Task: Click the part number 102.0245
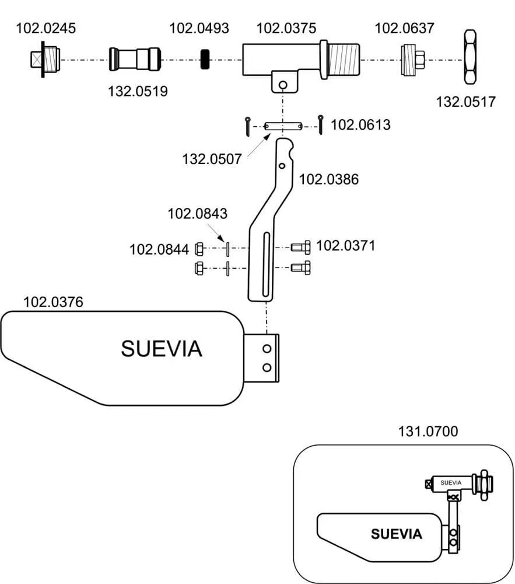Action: click(45, 27)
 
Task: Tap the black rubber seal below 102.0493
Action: click(205, 60)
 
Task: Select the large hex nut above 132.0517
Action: click(471, 58)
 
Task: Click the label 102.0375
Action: click(286, 27)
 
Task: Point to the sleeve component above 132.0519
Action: click(135, 59)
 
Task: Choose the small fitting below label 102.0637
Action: click(412, 60)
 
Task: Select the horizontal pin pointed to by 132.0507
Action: click(283, 126)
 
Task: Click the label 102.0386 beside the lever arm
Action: click(329, 179)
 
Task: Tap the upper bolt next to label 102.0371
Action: click(301, 248)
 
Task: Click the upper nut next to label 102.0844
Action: click(198, 249)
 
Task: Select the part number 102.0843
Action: click(197, 214)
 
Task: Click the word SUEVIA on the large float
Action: click(162, 349)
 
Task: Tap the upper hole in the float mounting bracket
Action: click(267, 349)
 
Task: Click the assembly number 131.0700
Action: click(428, 432)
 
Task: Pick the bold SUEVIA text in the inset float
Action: click(396, 534)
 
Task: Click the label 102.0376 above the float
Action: click(53, 302)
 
